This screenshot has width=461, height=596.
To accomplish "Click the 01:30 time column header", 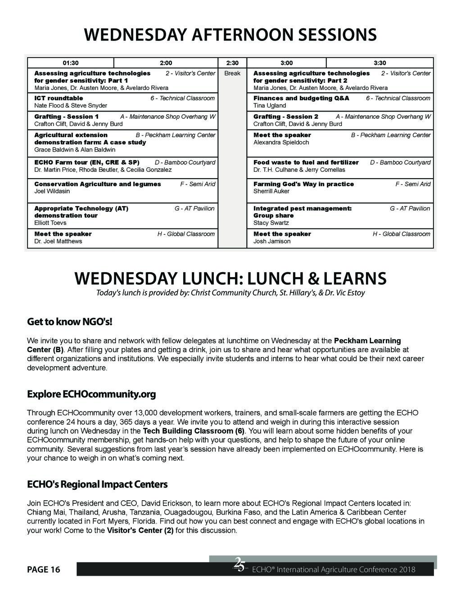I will pyautogui.click(x=71, y=63).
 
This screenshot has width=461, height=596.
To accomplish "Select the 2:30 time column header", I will pyautogui.click(x=232, y=63).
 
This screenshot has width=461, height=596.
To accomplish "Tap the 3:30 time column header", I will pyautogui.click(x=380, y=63).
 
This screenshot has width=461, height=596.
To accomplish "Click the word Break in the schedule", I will pyautogui.click(x=232, y=73).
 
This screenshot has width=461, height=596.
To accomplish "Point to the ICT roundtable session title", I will pyautogui.click(x=59, y=98).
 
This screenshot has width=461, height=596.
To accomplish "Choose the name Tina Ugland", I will pyautogui.click(x=270, y=105).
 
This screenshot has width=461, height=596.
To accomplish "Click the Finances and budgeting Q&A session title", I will pyautogui.click(x=301, y=98).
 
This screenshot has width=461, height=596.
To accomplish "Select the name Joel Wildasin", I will pyautogui.click(x=52, y=191).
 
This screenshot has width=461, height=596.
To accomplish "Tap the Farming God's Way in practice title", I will pyautogui.click(x=303, y=184).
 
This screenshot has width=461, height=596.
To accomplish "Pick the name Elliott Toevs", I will pyautogui.click(x=50, y=223).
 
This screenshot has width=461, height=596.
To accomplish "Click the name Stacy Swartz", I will pyautogui.click(x=271, y=223).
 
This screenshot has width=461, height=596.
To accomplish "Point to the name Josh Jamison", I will pyautogui.click(x=272, y=241).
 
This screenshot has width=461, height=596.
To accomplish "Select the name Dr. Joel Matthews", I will pyautogui.click(x=58, y=241).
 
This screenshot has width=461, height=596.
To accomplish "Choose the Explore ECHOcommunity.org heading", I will pyautogui.click(x=91, y=394).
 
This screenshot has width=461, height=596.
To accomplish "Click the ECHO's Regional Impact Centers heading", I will pyautogui.click(x=97, y=484).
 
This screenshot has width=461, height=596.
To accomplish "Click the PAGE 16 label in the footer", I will pyautogui.click(x=43, y=570).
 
